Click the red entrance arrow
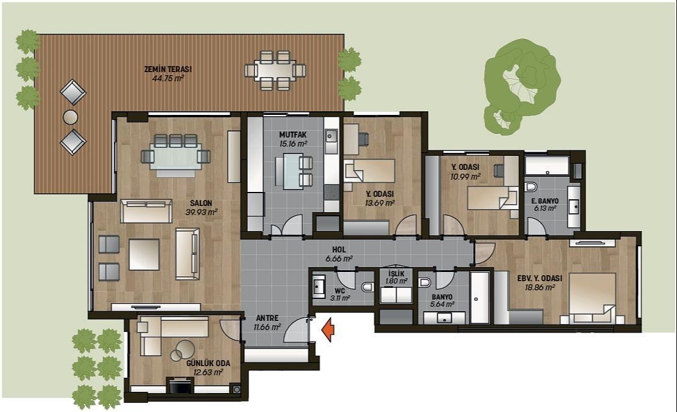pyautogui.click(x=328, y=329)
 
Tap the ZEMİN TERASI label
pyautogui.click(x=168, y=69)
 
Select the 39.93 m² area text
pyautogui.click(x=201, y=212)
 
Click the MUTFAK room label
pyautogui.click(x=293, y=135)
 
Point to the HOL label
pyautogui.click(x=339, y=250)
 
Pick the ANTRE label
pyautogui.click(x=267, y=318)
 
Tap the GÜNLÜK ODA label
pyautogui.click(x=208, y=363)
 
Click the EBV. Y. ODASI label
pyautogui.click(x=540, y=278)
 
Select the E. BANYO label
pyautogui.click(x=545, y=201)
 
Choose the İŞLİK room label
pyautogui.click(x=396, y=274)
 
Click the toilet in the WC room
pyautogui.click(x=368, y=287)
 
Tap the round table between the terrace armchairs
pyautogui.click(x=70, y=117)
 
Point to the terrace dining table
pyautogui.click(x=275, y=70)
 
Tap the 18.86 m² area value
pyautogui.click(x=539, y=287)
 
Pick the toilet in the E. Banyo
pyautogui.click(x=530, y=187)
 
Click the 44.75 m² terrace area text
pyautogui.click(x=168, y=79)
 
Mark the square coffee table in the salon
pyautogui.click(x=144, y=255)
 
